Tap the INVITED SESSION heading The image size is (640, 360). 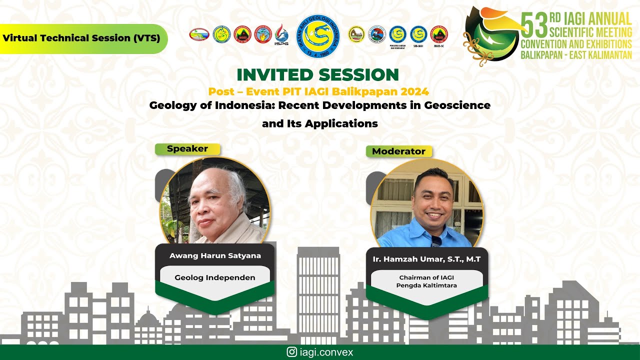pos(317,74)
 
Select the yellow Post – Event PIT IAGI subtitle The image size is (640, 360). pos(318,91)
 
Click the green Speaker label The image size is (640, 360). pos(187,148)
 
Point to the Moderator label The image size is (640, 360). pos(398,151)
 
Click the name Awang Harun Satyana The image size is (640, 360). pos(215,255)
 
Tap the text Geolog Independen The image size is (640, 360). pos(215,277)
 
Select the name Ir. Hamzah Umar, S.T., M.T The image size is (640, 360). pos(426,259)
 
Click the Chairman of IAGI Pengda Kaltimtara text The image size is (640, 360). pos(426,281)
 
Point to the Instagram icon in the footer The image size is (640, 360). pos(291,352)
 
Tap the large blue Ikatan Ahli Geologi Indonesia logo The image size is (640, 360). pos(318,36)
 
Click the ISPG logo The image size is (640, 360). pos(281,35)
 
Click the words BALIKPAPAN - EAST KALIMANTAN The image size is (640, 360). pos(576,55)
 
